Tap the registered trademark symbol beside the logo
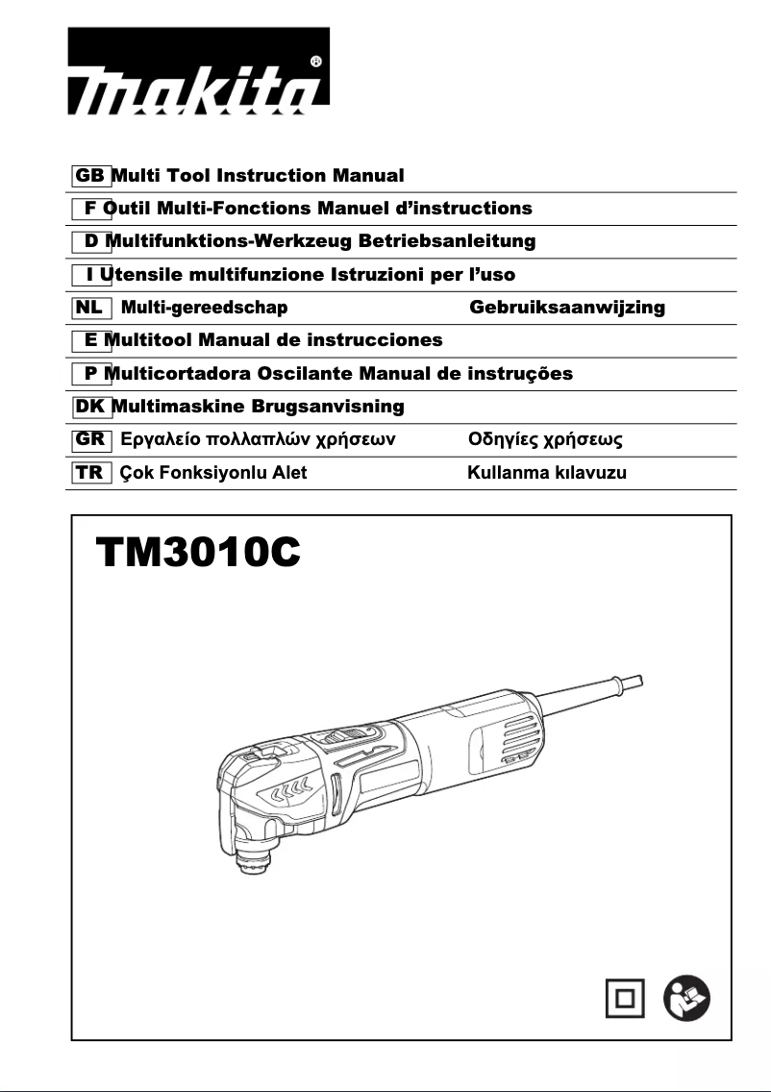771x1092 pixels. [316, 62]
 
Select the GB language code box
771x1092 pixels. [91, 176]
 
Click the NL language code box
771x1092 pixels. [91, 308]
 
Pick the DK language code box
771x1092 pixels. [92, 407]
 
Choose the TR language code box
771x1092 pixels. [91, 473]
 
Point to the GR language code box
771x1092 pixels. [91, 440]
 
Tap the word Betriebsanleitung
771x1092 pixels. [446, 240]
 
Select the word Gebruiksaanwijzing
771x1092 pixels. [567, 308]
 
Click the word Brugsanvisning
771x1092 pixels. [328, 407]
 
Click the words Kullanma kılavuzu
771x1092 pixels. [547, 473]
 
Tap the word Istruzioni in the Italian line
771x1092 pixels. [378, 275]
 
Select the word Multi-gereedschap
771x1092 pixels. [205, 308]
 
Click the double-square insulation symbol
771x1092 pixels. [626, 999]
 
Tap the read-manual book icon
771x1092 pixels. [687, 999]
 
